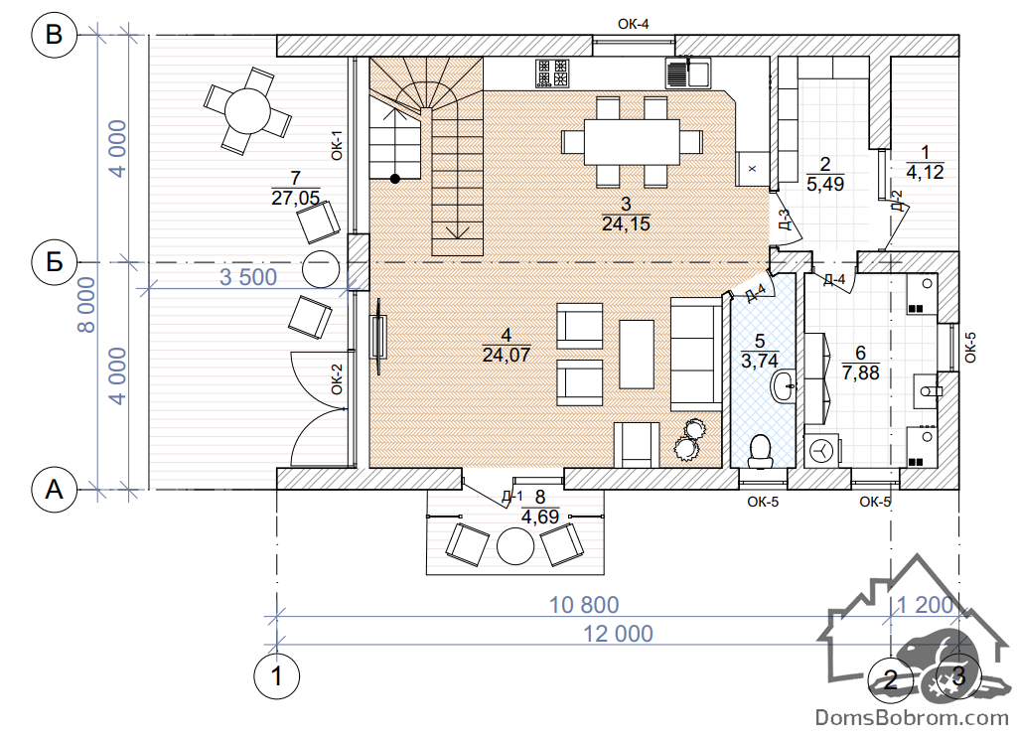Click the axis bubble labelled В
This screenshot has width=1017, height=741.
point(55,35)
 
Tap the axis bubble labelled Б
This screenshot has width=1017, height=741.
point(55,262)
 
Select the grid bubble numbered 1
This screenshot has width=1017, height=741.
point(276,676)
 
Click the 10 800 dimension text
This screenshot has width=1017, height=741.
point(584,605)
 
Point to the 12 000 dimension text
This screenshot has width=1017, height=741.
point(618,634)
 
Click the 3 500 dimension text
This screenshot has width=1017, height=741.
point(248,277)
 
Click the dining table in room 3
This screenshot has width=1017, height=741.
point(632,141)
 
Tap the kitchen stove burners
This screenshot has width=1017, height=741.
point(552,73)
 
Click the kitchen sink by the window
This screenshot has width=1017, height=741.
point(688,73)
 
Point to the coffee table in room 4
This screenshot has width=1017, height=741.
point(637,355)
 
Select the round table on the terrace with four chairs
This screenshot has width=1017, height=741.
point(247,111)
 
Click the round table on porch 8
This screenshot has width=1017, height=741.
point(515,546)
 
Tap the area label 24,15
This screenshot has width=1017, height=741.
point(626,223)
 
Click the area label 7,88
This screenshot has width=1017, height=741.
point(861,373)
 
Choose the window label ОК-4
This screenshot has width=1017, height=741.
point(633,24)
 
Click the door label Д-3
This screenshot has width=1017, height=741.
point(785,220)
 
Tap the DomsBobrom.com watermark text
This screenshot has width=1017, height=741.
point(912,717)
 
